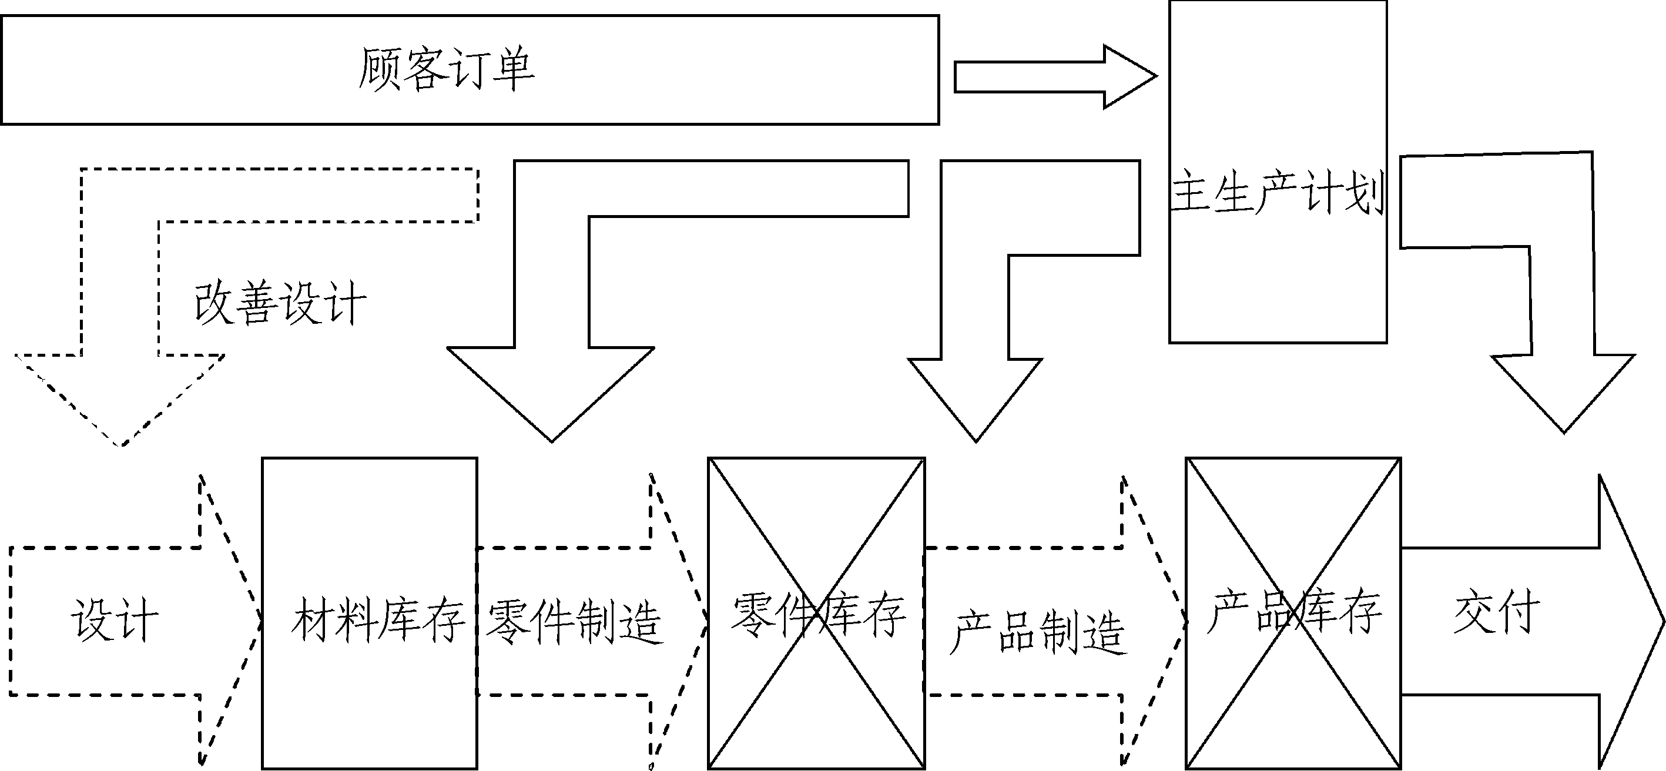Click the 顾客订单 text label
[x=446, y=69]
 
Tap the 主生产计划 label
[x=1278, y=193]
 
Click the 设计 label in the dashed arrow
[x=115, y=619]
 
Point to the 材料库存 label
[x=378, y=619]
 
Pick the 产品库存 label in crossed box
[x=1293, y=611]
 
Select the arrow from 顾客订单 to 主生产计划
[x=1054, y=77]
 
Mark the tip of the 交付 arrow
[x=1661, y=622]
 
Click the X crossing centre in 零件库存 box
[x=816, y=613]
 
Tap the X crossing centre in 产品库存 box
[x=1293, y=613]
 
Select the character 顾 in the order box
[x=379, y=69]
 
